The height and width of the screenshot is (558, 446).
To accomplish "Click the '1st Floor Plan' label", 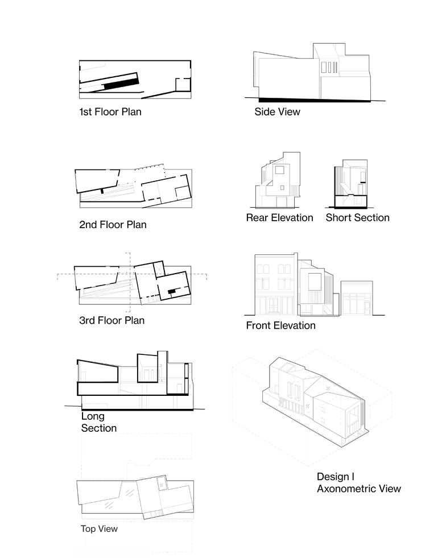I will pos(110,111).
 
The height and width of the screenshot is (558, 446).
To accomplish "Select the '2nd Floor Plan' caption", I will pos(113,225).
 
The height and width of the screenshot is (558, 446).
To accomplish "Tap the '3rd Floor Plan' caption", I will pos(111,320).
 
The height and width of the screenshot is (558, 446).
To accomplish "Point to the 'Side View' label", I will pos(277,112).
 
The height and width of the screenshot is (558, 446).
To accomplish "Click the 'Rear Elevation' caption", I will pos(279,217).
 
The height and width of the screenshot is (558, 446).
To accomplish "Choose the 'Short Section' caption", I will pos(357,217).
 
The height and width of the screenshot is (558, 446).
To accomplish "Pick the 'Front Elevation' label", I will pos(280,325).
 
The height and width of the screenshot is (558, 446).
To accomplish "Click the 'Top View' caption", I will pos(99,529).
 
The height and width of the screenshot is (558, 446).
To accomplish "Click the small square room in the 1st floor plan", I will pos(183,85).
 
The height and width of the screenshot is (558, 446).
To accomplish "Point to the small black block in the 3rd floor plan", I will pos(171,291).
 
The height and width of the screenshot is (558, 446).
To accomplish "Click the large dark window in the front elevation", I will pos(315,283).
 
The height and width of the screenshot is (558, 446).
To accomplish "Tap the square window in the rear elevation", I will pos(280,170).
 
